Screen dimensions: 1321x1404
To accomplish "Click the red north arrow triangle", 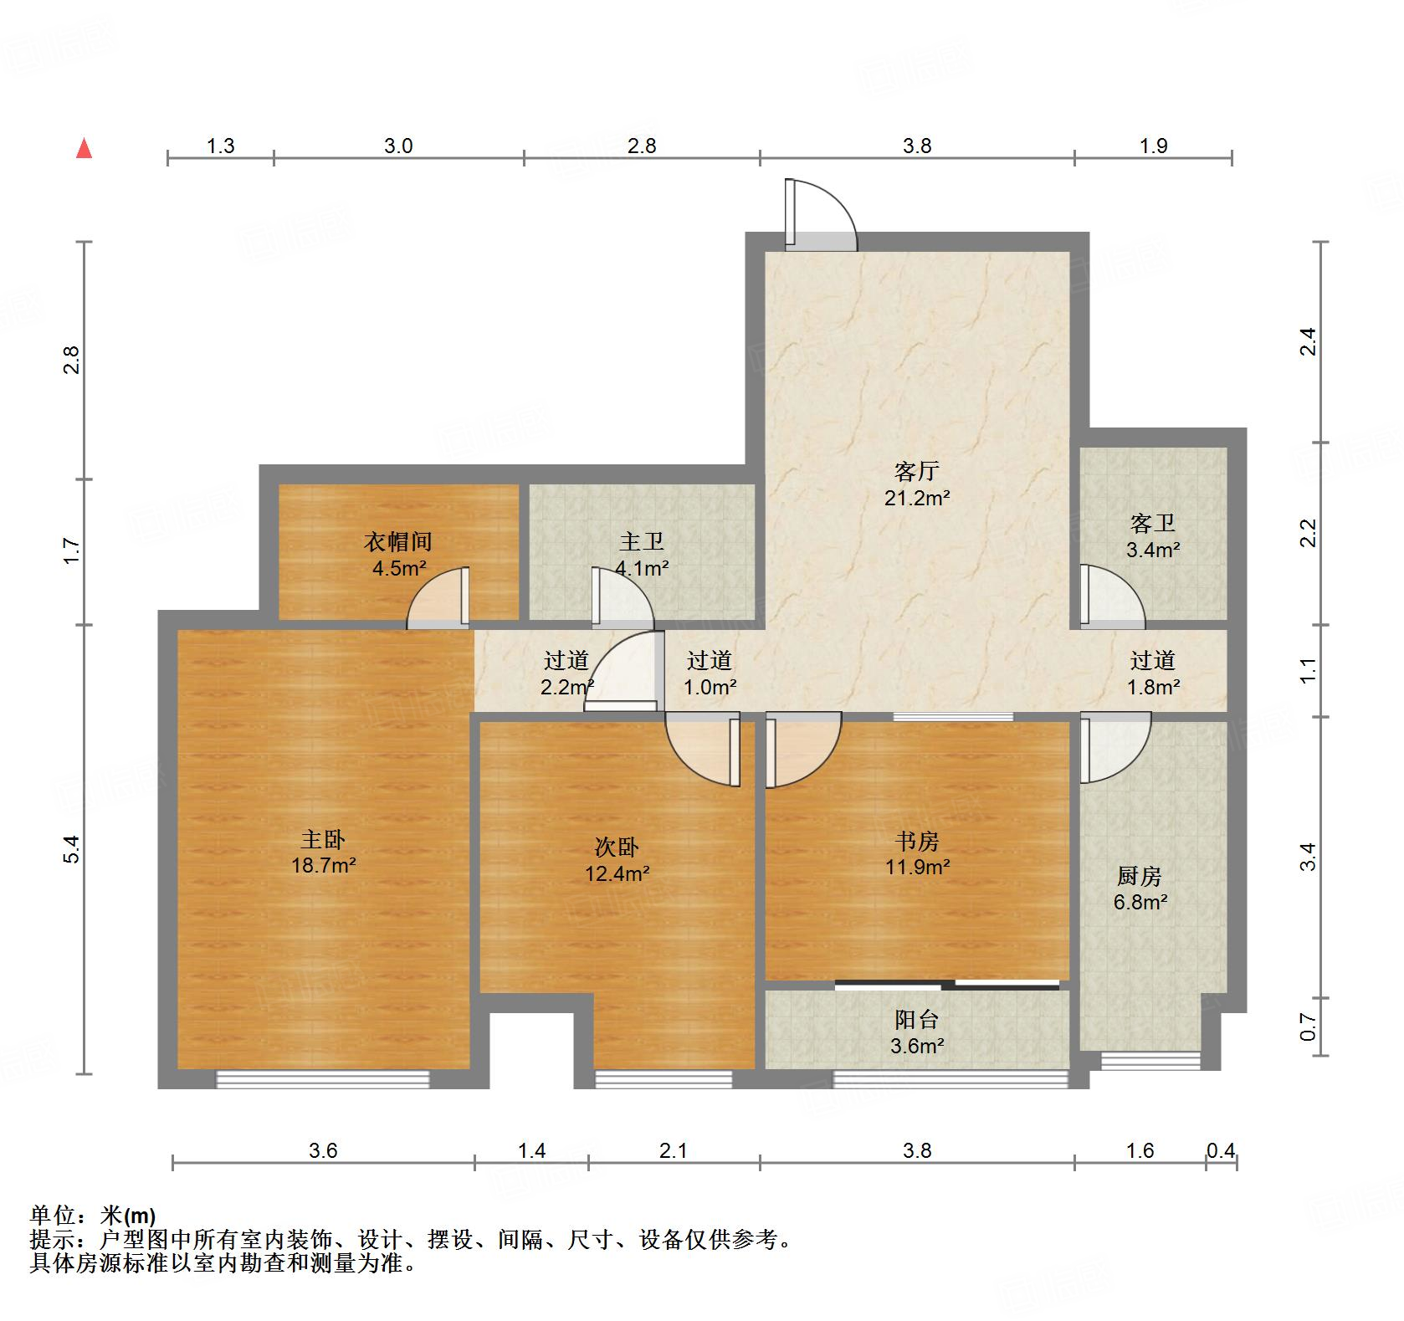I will [84, 149].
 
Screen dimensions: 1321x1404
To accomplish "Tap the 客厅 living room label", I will [916, 472].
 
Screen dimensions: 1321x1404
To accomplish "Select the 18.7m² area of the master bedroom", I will [323, 865].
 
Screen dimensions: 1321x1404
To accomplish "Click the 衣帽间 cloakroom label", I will [398, 542].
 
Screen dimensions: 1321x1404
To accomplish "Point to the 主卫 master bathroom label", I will [642, 542].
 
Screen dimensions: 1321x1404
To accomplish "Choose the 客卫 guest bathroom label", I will [1152, 524].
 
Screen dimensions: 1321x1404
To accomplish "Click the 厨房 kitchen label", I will [1139, 876].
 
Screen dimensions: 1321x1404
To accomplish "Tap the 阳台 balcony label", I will [916, 1019].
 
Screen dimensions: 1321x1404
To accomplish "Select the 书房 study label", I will [916, 841].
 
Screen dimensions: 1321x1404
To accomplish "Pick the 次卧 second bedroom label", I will [617, 847].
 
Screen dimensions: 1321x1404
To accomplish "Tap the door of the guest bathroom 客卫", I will [1111, 597].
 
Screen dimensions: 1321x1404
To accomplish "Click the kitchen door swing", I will [1114, 747].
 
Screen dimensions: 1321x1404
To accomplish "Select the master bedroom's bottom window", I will [323, 1079].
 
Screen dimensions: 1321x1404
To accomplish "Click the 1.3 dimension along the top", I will [220, 146].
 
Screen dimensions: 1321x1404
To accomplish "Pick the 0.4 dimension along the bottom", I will [1221, 1151].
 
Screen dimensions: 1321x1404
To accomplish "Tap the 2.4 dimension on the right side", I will [1309, 341].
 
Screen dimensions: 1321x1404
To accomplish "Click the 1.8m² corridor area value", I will [1153, 688].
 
